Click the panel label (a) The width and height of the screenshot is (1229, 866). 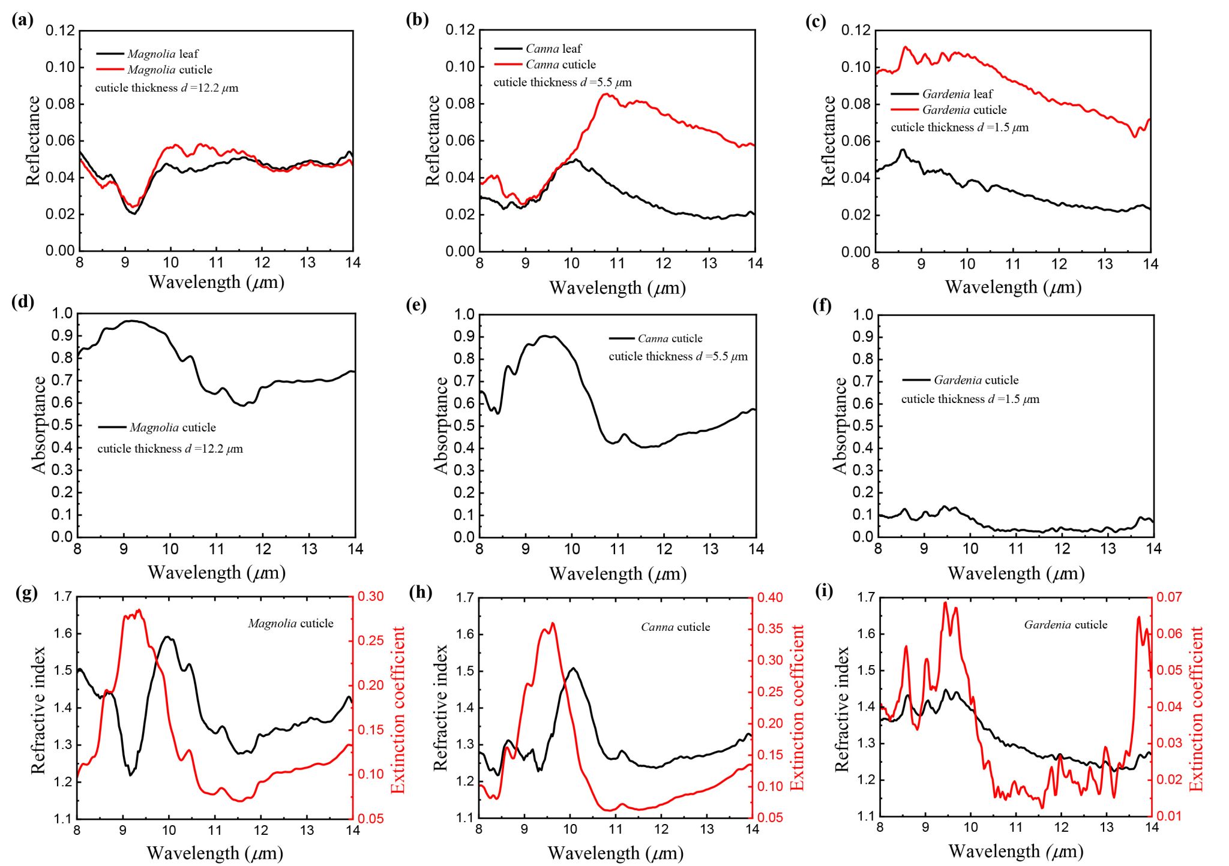(x=22, y=20)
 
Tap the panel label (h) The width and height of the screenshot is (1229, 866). (x=420, y=592)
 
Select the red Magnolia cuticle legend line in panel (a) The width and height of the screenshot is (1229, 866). (x=110, y=70)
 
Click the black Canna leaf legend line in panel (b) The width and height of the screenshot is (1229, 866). (x=508, y=49)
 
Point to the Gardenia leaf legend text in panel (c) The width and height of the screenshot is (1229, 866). (x=957, y=94)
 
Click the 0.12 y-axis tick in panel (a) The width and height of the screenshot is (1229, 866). (x=61, y=31)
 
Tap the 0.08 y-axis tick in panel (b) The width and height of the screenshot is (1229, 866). (x=460, y=104)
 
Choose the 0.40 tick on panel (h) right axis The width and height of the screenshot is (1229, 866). (x=770, y=597)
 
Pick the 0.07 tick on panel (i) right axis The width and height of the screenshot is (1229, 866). (x=1169, y=597)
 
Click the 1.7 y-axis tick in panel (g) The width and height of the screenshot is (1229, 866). (x=62, y=597)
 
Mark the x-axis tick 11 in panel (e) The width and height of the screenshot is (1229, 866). (x=618, y=549)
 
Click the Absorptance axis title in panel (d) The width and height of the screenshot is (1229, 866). (x=39, y=425)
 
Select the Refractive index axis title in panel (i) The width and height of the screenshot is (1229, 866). (x=842, y=708)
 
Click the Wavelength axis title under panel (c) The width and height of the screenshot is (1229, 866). (x=1013, y=287)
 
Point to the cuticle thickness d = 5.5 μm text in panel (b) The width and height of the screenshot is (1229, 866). (x=562, y=82)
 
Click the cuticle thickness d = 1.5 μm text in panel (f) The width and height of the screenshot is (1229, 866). (x=970, y=399)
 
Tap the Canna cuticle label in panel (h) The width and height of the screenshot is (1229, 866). (x=675, y=627)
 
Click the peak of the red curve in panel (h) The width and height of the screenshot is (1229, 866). (x=552, y=624)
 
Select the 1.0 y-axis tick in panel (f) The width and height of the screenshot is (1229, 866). (x=862, y=314)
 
